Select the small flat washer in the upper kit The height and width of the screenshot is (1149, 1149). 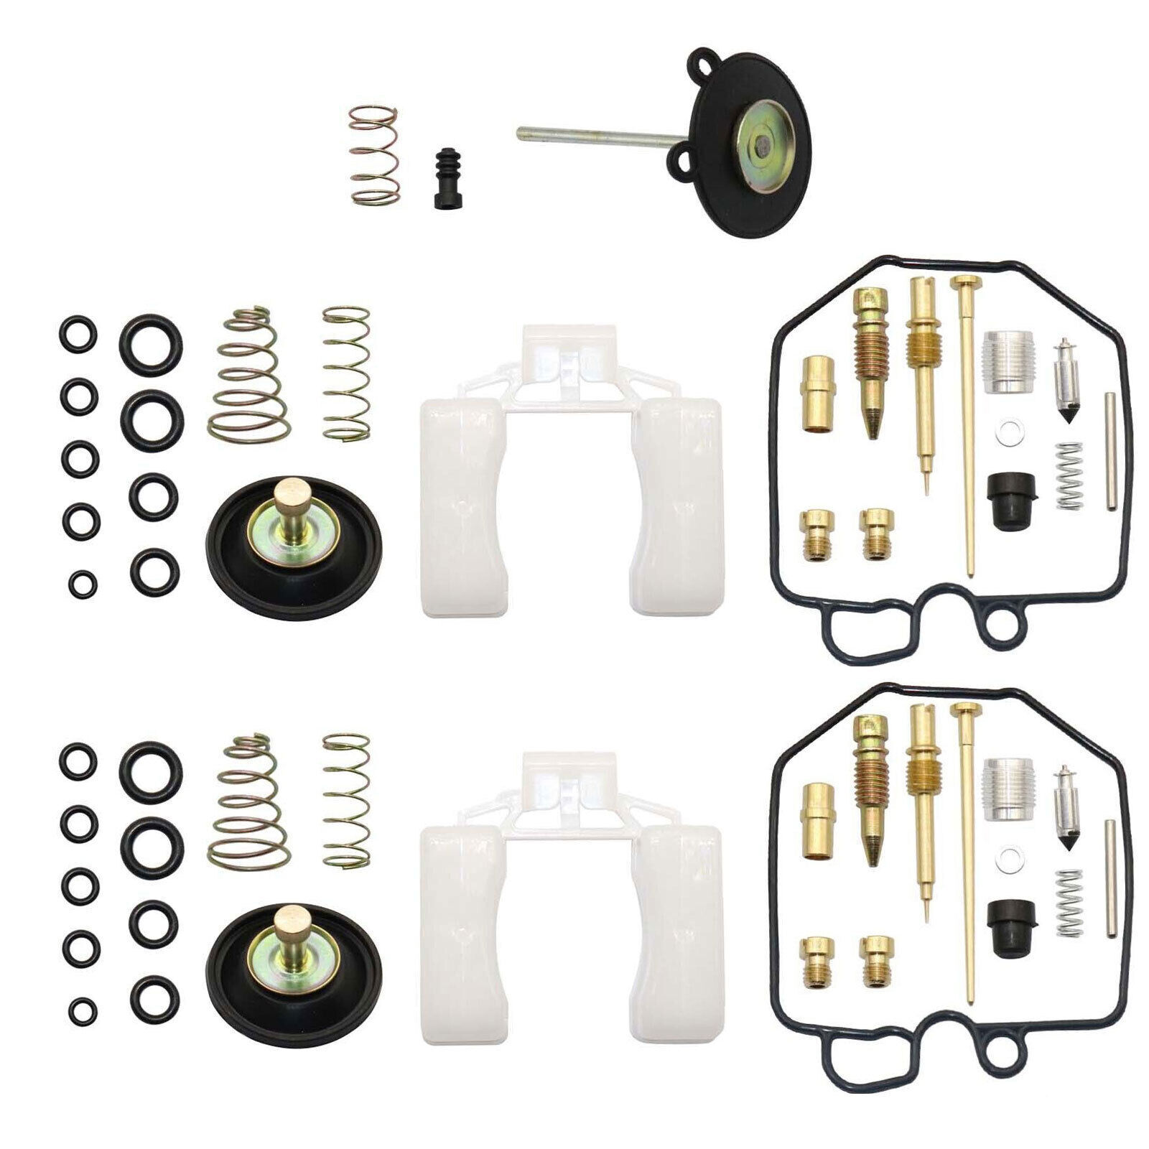1010,433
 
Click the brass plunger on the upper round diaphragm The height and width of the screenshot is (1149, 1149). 294,503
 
